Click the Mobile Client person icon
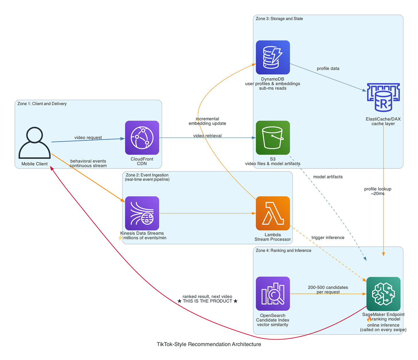(x=34, y=143)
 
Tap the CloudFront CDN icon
(x=142, y=138)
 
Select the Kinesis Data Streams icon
(x=142, y=213)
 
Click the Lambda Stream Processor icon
(x=273, y=213)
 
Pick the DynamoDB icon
(x=273, y=57)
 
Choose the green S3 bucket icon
(x=273, y=138)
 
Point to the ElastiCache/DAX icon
(x=383, y=98)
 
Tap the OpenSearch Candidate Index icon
(x=273, y=293)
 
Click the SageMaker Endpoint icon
(x=383, y=294)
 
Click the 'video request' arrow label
(x=88, y=138)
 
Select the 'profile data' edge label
(x=328, y=69)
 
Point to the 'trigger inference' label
(x=328, y=238)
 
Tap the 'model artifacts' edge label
(x=328, y=177)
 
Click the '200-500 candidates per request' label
(x=328, y=289)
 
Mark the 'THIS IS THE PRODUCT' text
(x=207, y=301)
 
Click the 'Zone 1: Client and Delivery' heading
(x=42, y=104)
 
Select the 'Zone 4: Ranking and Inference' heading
(x=283, y=250)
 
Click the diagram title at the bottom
(x=209, y=344)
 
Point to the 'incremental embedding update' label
(x=207, y=121)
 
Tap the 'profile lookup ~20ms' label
(x=378, y=191)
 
